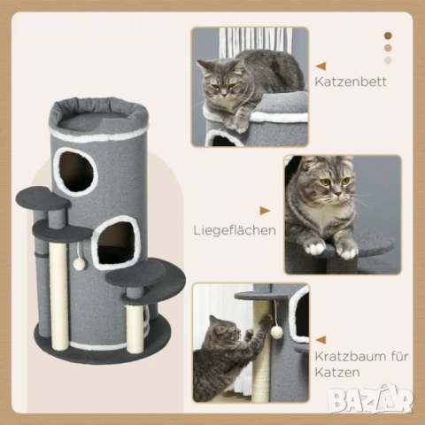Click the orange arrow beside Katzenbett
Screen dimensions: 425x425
(321, 66)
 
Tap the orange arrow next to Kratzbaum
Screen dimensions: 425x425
(321, 339)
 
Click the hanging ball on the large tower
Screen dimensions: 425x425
(79, 263)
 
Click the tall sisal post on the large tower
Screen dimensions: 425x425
(58, 283)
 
